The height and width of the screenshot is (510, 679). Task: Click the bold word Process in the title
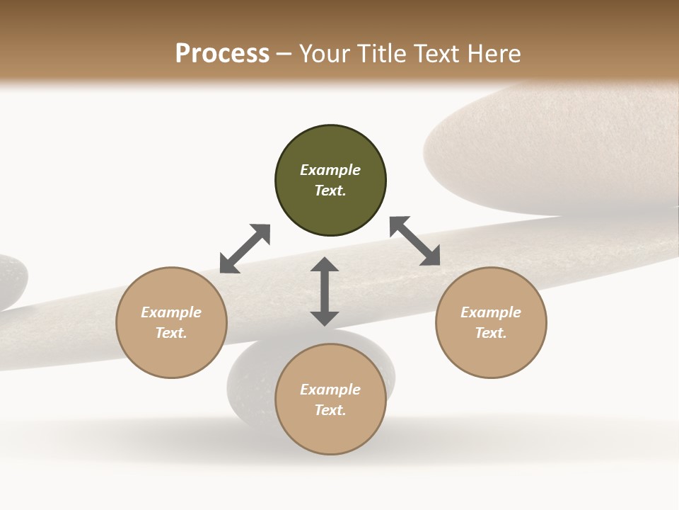coord(222,54)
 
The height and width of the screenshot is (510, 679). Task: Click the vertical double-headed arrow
coord(325,292)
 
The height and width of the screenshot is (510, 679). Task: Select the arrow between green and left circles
coord(245,249)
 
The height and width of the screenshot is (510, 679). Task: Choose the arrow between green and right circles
coord(415,241)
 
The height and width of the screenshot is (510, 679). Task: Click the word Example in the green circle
coord(330,170)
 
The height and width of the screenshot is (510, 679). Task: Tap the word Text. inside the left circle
coord(171,333)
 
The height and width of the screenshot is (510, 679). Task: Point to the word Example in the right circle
coord(491,312)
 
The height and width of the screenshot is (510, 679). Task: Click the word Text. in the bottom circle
coord(330,410)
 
